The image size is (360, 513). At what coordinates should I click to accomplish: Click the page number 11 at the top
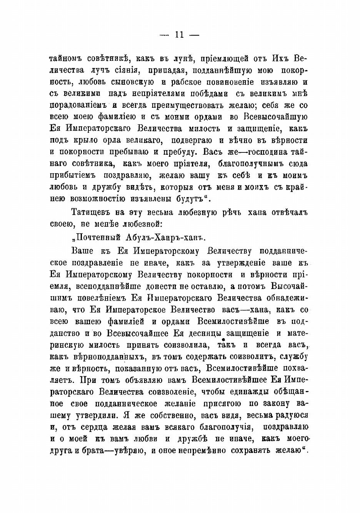tap(179, 35)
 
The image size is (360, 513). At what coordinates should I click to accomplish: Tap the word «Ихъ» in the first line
tap(280, 59)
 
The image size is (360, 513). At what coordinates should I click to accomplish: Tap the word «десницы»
tap(203, 333)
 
